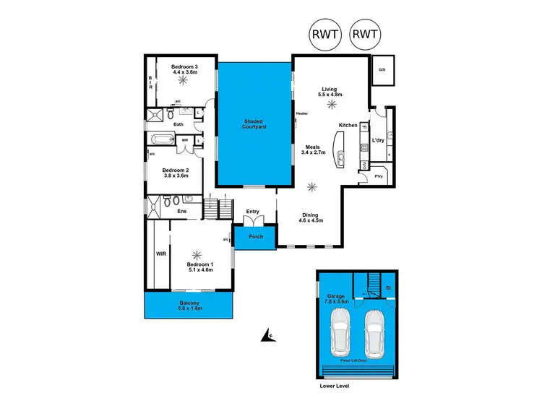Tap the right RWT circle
pos(365,34)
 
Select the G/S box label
pos(381,70)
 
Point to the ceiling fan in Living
pos(332,105)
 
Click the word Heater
pos(301,113)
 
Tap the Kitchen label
pos(348,126)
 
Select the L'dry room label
pos(377,139)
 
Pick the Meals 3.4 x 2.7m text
pos(315,150)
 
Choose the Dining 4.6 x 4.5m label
pos(311,217)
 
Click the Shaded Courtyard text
pos(254,124)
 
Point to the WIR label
pos(160,254)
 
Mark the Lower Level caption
pos(337,386)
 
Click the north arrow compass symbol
pos(267,334)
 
